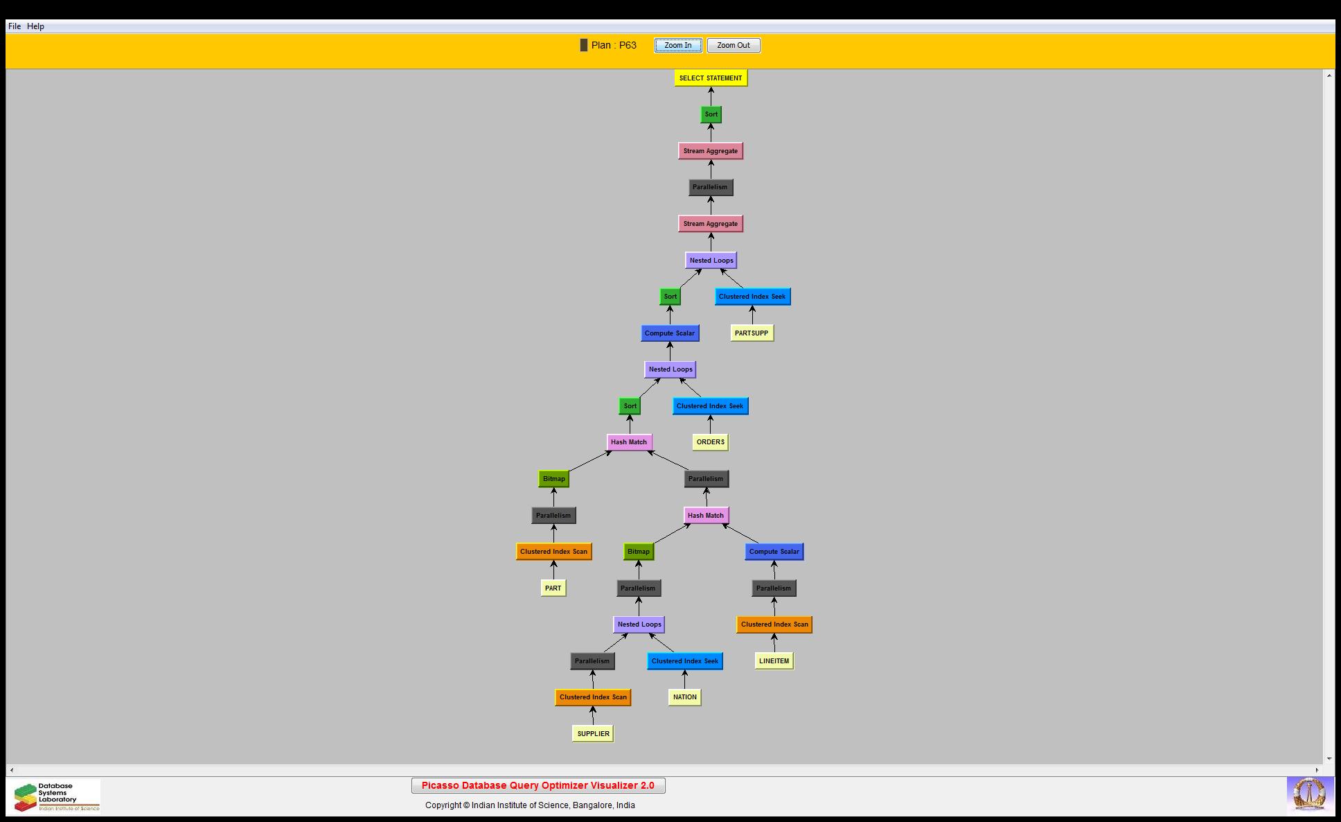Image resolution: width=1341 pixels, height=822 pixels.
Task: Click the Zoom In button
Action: [677, 46]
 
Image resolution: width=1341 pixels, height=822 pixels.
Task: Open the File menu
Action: [14, 26]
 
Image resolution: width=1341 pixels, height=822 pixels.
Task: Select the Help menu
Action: [35, 26]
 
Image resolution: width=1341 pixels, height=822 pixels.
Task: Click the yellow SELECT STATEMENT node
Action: [711, 78]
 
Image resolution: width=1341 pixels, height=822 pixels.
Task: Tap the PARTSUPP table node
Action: [752, 333]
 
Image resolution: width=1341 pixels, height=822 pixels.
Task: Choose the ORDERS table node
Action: [710, 442]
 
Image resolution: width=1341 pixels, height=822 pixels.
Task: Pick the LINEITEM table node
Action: [774, 661]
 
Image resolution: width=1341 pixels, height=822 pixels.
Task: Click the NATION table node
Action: [684, 697]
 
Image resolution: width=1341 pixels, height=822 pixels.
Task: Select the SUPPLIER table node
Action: [593, 734]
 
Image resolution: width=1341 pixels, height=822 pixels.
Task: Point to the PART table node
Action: [553, 588]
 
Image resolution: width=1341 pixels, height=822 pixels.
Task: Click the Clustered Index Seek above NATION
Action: [685, 661]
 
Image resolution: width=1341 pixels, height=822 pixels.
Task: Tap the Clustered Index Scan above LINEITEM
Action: [774, 624]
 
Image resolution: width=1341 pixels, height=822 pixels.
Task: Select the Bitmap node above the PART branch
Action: [553, 479]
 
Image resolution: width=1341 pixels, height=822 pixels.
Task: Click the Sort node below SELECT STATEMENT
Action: [711, 114]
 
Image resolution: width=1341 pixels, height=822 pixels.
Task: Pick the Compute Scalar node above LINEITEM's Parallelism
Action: [774, 552]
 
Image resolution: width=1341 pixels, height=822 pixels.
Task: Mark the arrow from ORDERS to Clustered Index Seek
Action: [710, 424]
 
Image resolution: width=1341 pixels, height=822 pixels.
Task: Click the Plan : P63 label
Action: [613, 46]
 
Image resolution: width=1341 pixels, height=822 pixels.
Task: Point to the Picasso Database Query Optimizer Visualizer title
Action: [538, 786]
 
